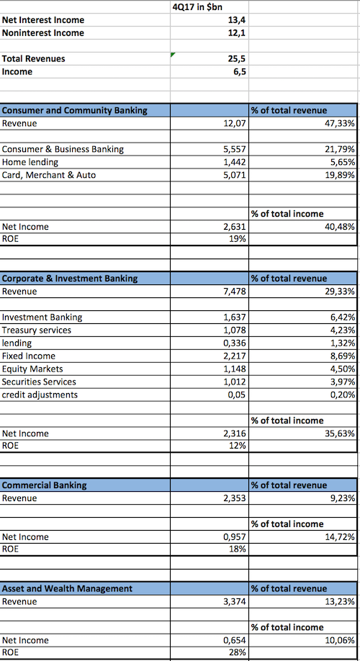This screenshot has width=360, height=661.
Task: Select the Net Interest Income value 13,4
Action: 238,20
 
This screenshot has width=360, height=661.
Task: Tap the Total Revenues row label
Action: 34,58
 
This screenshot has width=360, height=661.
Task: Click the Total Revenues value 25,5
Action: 238,58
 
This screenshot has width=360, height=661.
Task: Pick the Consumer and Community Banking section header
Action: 75,110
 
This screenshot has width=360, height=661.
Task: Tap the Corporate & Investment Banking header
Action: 70,278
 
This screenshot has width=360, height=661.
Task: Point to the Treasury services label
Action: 37,330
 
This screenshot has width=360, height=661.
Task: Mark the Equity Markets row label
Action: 32,369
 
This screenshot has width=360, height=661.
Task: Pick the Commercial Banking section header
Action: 44,485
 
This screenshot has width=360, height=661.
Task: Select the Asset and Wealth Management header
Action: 67,588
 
